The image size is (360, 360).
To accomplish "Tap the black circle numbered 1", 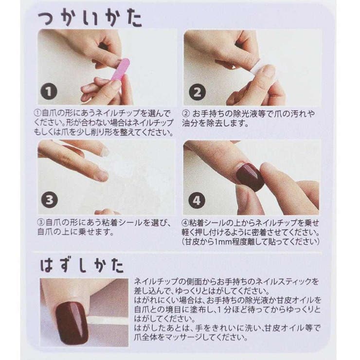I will [x=50, y=91].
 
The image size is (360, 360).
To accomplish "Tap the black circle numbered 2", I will [x=197, y=92].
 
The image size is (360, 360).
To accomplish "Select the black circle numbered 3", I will [x=50, y=199].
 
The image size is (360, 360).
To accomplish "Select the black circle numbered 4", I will [x=197, y=199].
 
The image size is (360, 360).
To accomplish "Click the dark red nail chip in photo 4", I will [x=250, y=176].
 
